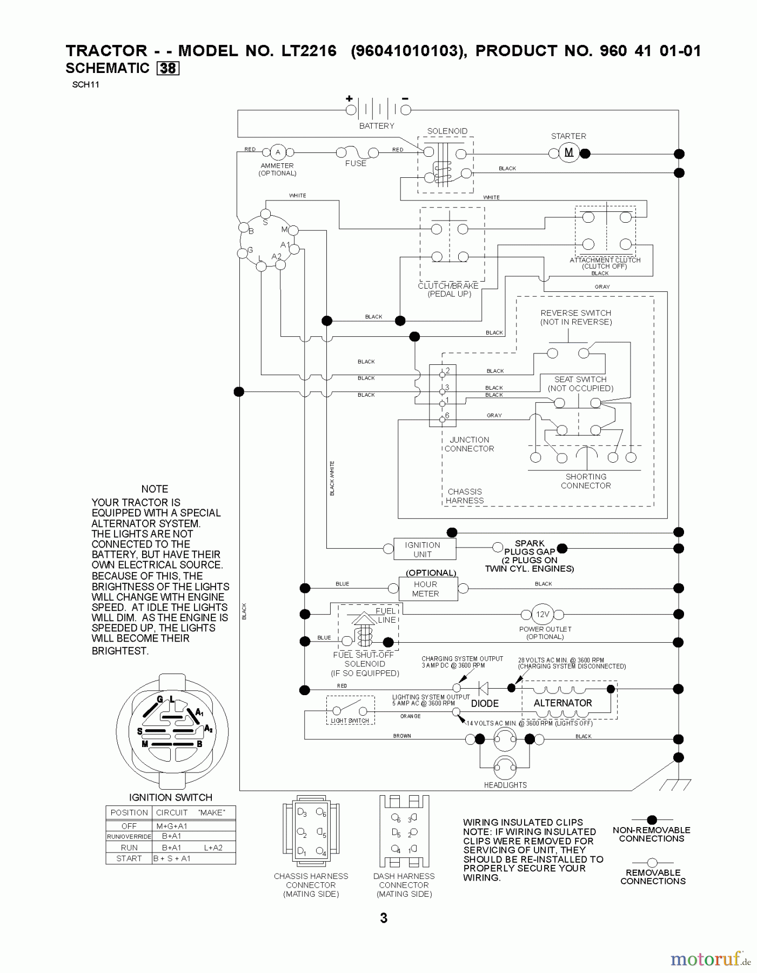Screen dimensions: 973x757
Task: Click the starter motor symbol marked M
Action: (568, 153)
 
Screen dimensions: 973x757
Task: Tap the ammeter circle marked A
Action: (278, 152)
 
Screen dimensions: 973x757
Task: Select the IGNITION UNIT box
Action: (423, 549)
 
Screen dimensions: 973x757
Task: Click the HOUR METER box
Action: (426, 589)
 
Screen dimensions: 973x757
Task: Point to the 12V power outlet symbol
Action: (542, 615)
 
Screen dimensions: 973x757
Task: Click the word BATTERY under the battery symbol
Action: (377, 126)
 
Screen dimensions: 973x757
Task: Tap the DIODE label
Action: (485, 703)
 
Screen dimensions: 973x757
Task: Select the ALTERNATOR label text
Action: (562, 703)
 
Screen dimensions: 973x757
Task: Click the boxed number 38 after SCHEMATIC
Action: (168, 69)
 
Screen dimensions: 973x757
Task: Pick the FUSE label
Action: (356, 163)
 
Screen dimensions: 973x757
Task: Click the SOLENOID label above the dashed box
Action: (447, 131)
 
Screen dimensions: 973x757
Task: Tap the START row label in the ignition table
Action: (129, 858)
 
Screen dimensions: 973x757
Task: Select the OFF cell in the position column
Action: (129, 826)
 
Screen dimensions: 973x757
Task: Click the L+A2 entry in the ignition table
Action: (213, 848)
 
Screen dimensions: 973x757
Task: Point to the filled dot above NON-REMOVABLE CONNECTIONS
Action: (652, 820)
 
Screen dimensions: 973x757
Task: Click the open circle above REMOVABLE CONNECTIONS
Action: (652, 862)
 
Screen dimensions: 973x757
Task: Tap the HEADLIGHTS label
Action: (505, 785)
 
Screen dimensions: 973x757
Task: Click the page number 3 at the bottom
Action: (384, 918)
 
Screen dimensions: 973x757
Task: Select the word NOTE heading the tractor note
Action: (155, 489)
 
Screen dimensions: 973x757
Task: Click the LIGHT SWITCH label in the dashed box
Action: (350, 721)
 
